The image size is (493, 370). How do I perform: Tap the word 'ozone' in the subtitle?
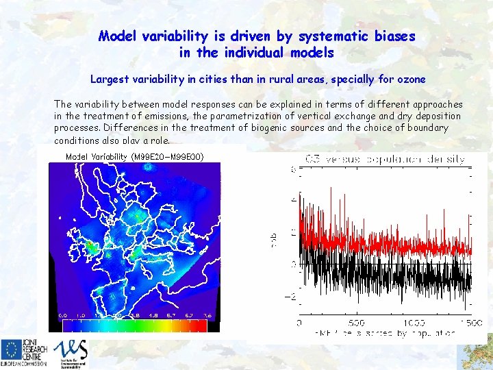click(409, 79)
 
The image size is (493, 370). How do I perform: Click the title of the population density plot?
click(385, 159)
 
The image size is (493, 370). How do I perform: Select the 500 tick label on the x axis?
click(356, 321)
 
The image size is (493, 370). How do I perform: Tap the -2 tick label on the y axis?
click(290, 297)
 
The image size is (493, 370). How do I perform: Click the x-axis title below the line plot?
click(385, 334)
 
